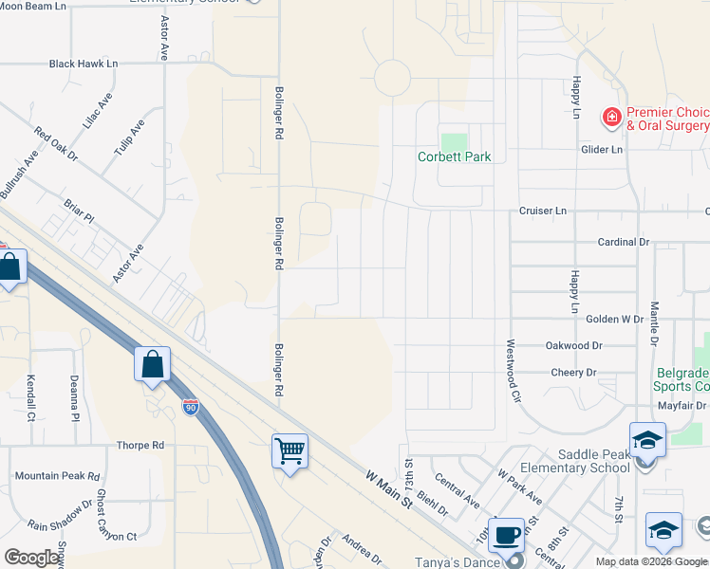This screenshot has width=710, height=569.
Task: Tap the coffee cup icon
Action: click(x=506, y=533)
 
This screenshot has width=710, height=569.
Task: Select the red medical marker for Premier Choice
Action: click(x=612, y=118)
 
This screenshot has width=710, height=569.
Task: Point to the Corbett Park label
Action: click(x=455, y=156)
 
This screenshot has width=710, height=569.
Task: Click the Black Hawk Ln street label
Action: click(x=84, y=64)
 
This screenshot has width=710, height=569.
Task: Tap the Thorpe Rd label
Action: click(x=140, y=445)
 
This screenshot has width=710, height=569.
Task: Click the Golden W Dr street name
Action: click(x=615, y=320)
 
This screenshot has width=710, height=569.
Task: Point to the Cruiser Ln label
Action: click(x=542, y=211)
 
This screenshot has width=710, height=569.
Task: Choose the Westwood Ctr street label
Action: click(x=514, y=372)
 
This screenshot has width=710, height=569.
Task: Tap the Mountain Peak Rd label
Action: click(x=55, y=476)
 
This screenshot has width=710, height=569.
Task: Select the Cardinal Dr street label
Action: click(x=623, y=242)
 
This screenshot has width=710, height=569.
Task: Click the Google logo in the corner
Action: click(x=31, y=558)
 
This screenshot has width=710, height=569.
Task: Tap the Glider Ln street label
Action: click(x=603, y=149)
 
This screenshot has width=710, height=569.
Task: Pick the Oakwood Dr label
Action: click(x=574, y=346)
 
